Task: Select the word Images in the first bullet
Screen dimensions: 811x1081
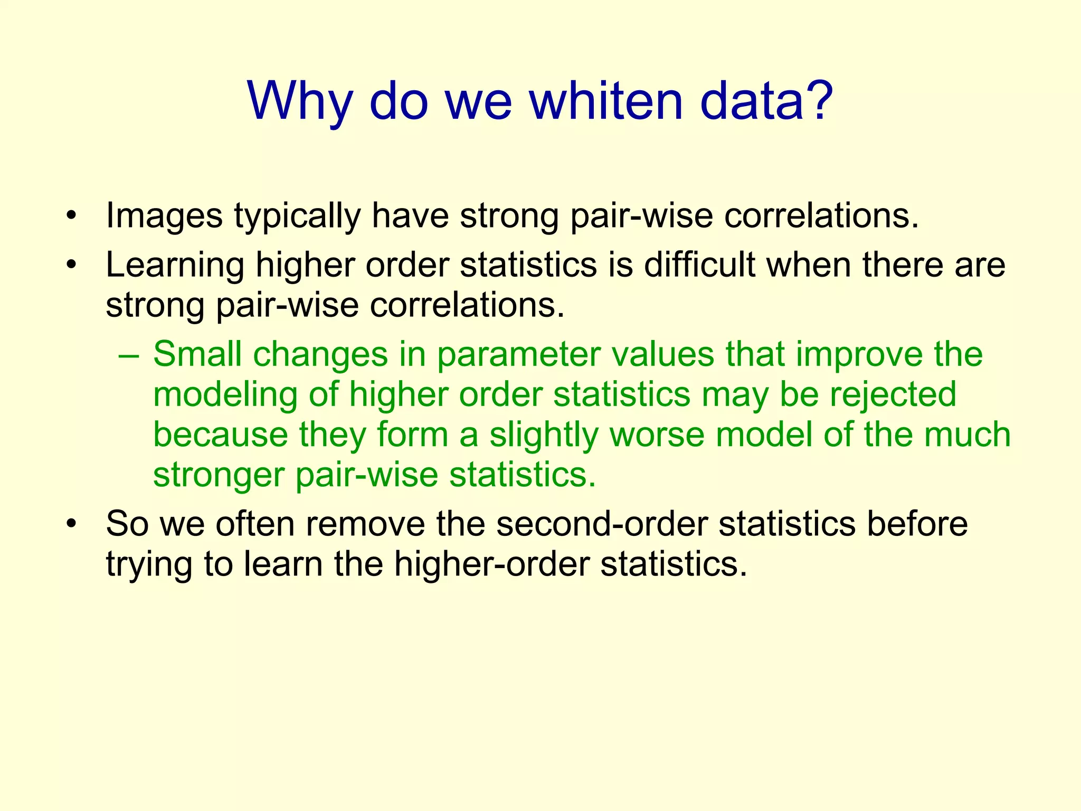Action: coord(164,216)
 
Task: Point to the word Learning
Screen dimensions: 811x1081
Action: coord(175,265)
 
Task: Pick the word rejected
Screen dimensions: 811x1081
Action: coord(893,395)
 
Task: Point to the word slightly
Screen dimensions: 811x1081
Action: coord(544,435)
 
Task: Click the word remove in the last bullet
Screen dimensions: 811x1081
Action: coord(365,524)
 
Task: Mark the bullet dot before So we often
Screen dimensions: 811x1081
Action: coord(72,524)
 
